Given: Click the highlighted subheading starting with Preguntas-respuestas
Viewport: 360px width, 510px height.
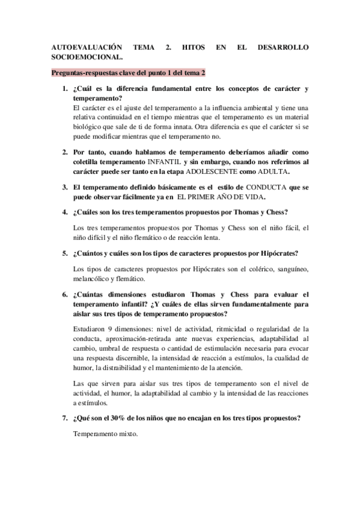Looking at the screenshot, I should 128,73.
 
